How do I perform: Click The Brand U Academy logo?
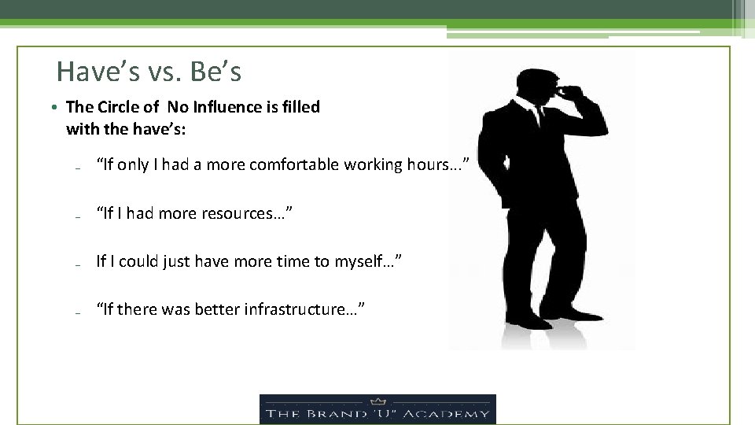[x=377, y=409]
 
